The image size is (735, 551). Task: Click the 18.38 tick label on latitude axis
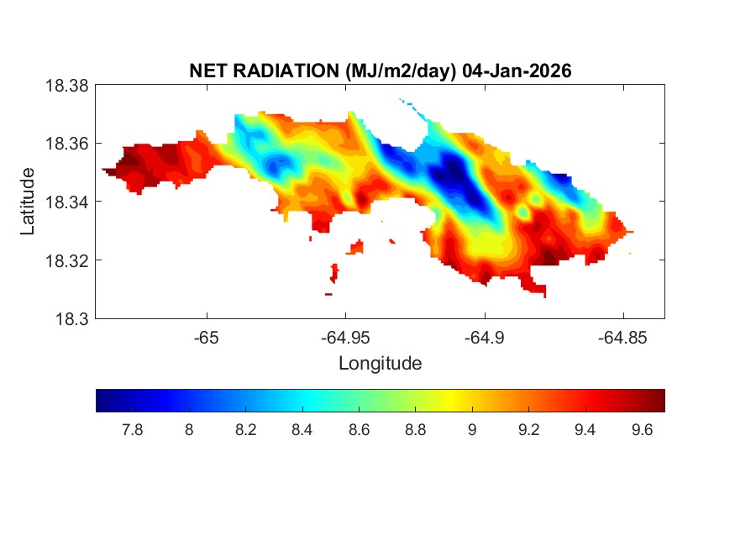point(66,85)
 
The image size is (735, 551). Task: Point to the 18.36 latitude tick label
point(66,144)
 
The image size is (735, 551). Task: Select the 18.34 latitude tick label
point(66,202)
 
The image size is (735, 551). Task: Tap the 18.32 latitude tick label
point(66,260)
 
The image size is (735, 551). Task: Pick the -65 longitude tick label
point(206,338)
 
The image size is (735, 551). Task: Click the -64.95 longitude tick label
point(344,338)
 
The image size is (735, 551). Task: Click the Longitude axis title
point(380,364)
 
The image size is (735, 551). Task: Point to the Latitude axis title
point(28,202)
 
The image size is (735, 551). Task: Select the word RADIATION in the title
point(285,71)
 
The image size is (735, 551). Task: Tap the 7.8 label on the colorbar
point(132,430)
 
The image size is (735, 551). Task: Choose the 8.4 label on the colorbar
point(302,430)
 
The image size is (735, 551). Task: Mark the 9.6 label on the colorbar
point(642,430)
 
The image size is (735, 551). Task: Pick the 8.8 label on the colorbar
point(415,430)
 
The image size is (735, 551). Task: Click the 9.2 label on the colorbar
point(528,430)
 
